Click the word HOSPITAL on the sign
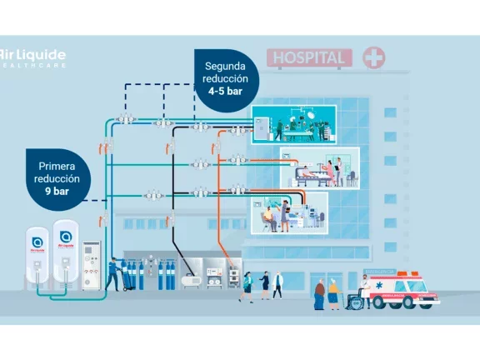click(308, 58)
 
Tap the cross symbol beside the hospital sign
click(374, 57)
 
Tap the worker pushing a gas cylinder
click(113, 272)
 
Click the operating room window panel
click(293, 122)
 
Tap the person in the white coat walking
click(277, 285)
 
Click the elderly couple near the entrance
click(327, 292)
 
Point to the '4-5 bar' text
click(226, 91)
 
